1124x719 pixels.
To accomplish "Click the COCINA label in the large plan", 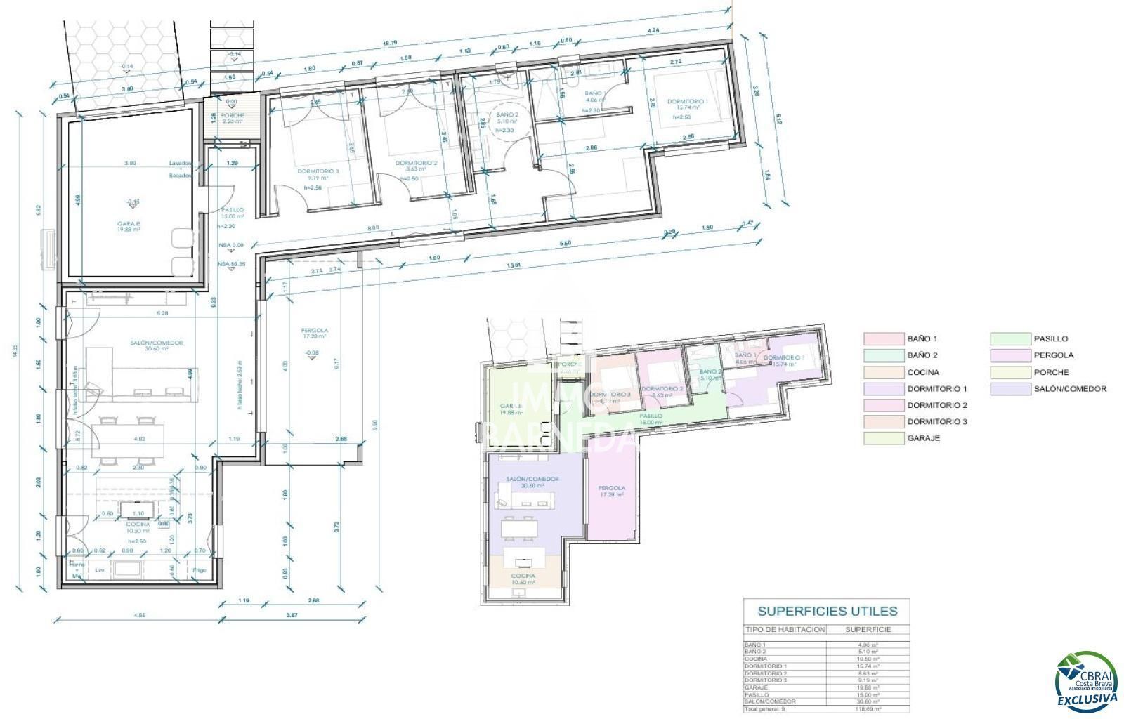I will coord(138,525).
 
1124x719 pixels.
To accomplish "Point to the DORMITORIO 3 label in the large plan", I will coord(318,171).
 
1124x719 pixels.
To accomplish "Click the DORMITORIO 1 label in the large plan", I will coord(687,100).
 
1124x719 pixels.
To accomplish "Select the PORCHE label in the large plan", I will coord(233,115).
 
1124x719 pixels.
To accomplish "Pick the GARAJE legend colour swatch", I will coord(882,438).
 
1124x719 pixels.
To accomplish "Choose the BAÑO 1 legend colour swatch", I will coord(882,339).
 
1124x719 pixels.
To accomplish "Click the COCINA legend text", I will coord(922,372).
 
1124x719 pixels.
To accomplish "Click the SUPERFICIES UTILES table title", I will coord(827,611).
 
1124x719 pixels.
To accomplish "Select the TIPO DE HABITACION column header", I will coord(785,629).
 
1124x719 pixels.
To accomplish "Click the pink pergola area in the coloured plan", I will coord(612,499).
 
